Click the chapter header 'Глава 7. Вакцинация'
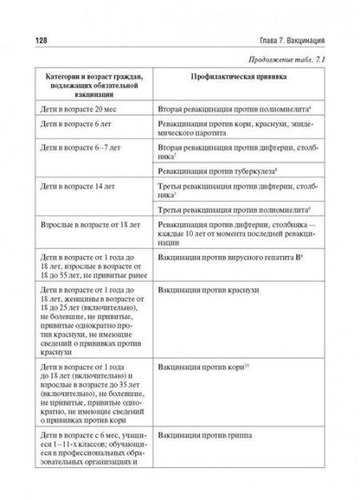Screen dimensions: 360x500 (x=286, y=41)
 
